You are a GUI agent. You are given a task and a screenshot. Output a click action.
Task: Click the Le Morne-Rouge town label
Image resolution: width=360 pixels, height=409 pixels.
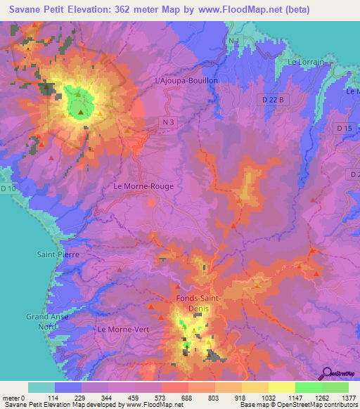point(143,187)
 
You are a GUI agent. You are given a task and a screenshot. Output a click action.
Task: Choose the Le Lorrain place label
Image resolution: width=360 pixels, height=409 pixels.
point(306,62)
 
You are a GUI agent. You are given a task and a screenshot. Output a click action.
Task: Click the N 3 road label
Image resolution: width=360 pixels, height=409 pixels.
point(164,122)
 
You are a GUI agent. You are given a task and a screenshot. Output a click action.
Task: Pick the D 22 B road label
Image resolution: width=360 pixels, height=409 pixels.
point(274,100)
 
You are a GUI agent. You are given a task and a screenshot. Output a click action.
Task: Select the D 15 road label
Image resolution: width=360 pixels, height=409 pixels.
point(344,128)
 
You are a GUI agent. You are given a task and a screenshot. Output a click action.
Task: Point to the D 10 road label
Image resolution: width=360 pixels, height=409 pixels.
point(8,188)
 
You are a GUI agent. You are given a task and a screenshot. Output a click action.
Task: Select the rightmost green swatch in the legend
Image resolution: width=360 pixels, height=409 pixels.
point(335,387)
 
